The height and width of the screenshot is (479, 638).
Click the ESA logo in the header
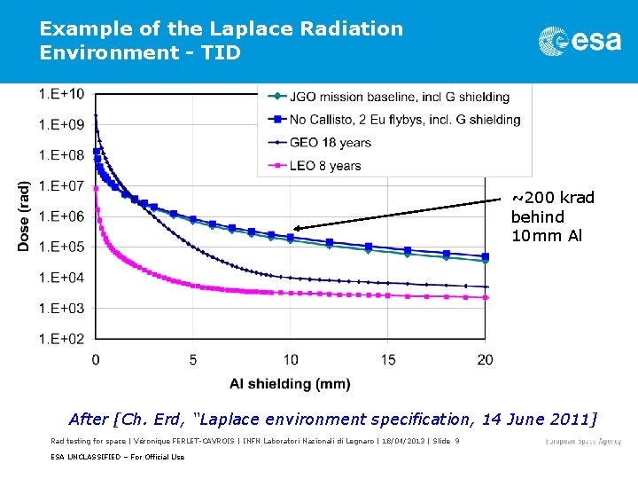click(580, 41)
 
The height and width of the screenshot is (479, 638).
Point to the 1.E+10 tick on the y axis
click(62, 94)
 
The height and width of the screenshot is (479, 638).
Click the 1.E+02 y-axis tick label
click(62, 339)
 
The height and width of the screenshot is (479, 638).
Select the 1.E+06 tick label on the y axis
click(62, 216)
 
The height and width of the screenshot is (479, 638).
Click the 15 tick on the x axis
click(388, 359)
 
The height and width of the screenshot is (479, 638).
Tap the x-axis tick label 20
click(485, 359)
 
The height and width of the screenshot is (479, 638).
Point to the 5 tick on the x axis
click(193, 359)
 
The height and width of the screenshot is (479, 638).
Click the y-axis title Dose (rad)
click(25, 216)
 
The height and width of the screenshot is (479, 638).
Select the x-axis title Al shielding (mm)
click(290, 383)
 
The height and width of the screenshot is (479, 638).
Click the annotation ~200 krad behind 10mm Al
click(551, 216)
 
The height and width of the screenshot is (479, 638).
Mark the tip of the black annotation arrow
click(295, 228)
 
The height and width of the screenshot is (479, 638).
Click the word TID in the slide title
click(222, 52)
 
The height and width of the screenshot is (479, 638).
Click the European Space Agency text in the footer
click(582, 441)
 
